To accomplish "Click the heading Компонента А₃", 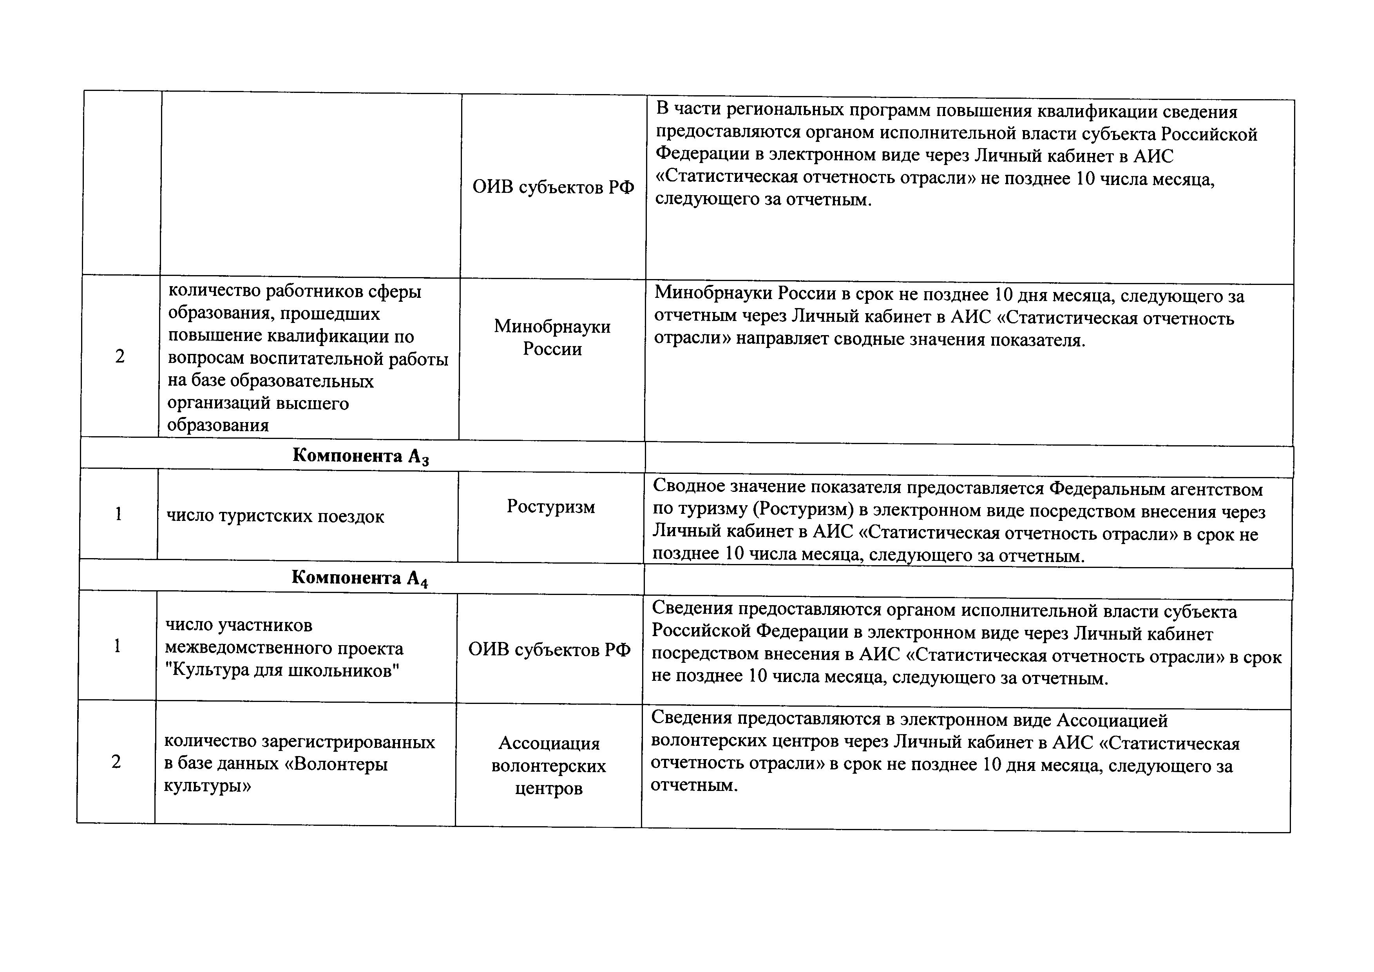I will point(360,456).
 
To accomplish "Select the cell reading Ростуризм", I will point(550,506).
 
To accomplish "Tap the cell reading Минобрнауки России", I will point(552,337).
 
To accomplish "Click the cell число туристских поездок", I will point(275,516).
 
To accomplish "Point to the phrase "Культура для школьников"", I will point(282,670).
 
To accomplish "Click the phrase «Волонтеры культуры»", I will point(275,775).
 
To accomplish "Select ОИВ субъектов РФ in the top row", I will point(553,187).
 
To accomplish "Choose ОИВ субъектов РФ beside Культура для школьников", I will point(549,649).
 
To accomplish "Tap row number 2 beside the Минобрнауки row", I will point(119,357).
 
